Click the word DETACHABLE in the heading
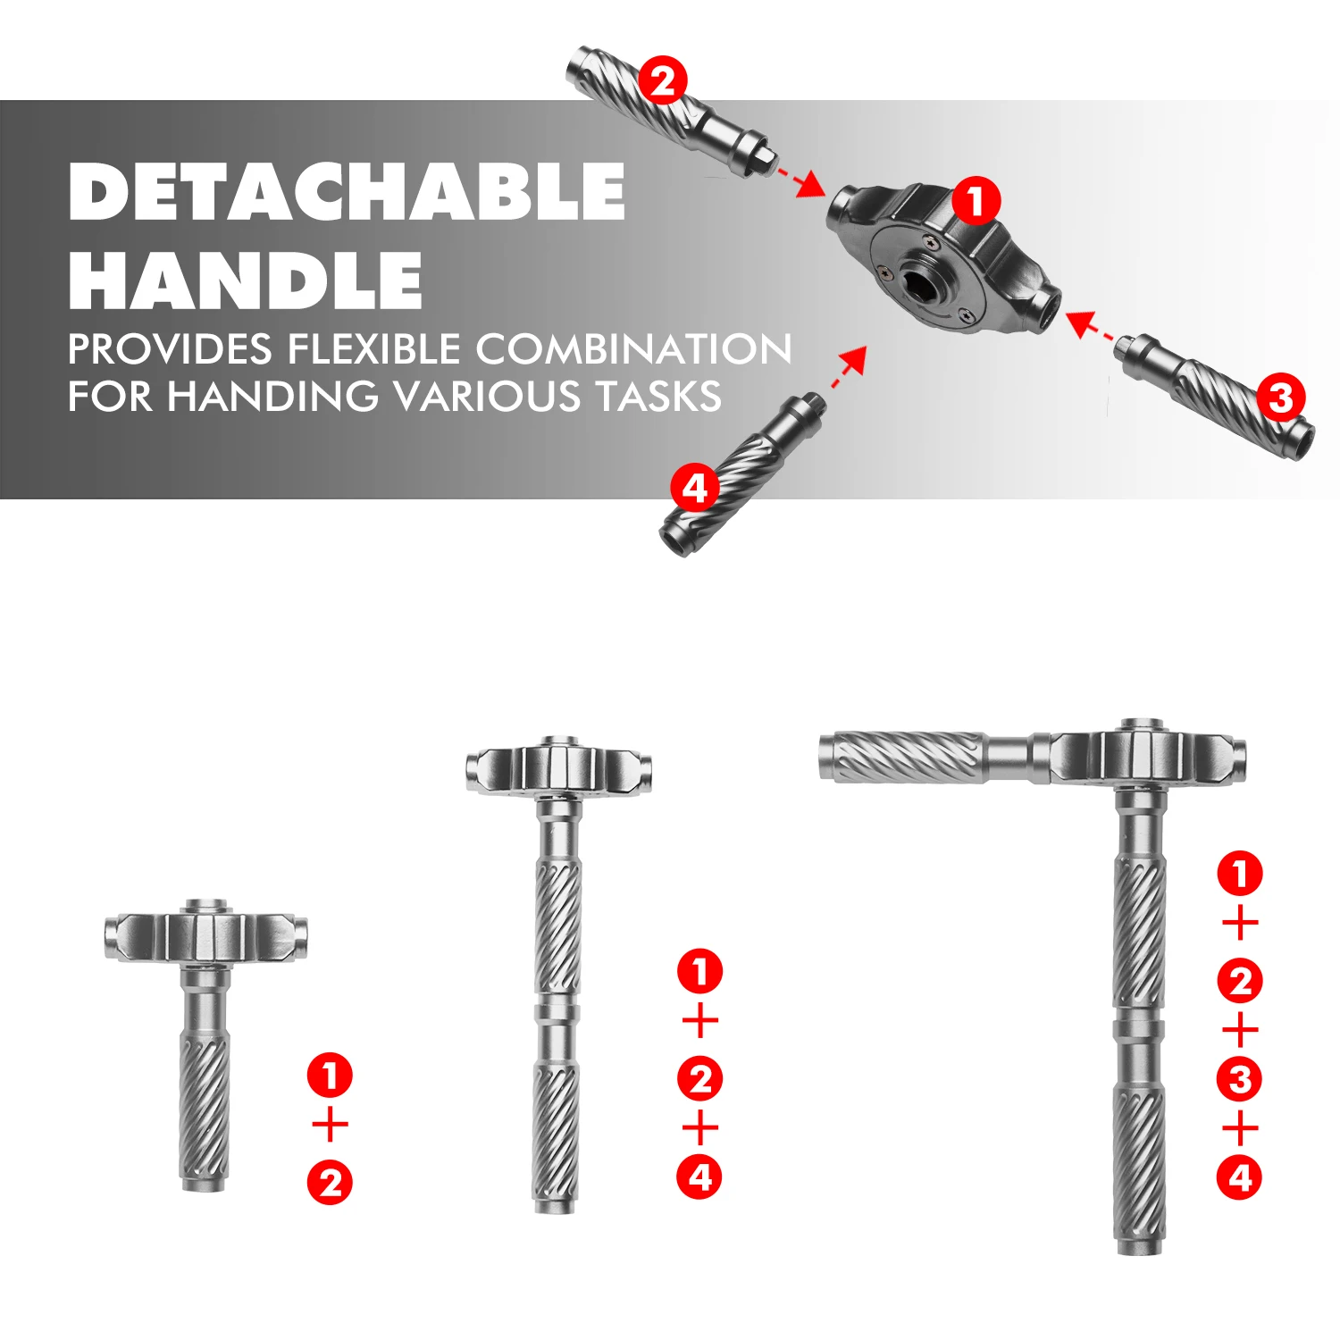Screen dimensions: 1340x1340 coord(347,191)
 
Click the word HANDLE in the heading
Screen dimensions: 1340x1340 coord(246,280)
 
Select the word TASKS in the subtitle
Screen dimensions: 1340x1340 coord(659,396)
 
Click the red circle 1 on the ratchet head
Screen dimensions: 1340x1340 coord(976,200)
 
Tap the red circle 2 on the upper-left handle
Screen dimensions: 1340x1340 coord(663,82)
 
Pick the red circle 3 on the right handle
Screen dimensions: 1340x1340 coord(1281,398)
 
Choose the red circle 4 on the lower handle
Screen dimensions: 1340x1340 coord(695,489)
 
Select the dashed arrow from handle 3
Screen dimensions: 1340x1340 coord(1092,325)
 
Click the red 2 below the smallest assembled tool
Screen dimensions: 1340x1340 coord(331,1183)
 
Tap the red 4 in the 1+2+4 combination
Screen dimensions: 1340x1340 coord(700,1177)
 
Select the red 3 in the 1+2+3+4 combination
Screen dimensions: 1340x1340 coord(1240,1080)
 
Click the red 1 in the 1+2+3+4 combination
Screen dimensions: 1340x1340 coord(1240,873)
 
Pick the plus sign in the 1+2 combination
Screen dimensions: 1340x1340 coord(331,1125)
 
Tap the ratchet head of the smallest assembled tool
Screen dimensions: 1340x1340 coord(206,936)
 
